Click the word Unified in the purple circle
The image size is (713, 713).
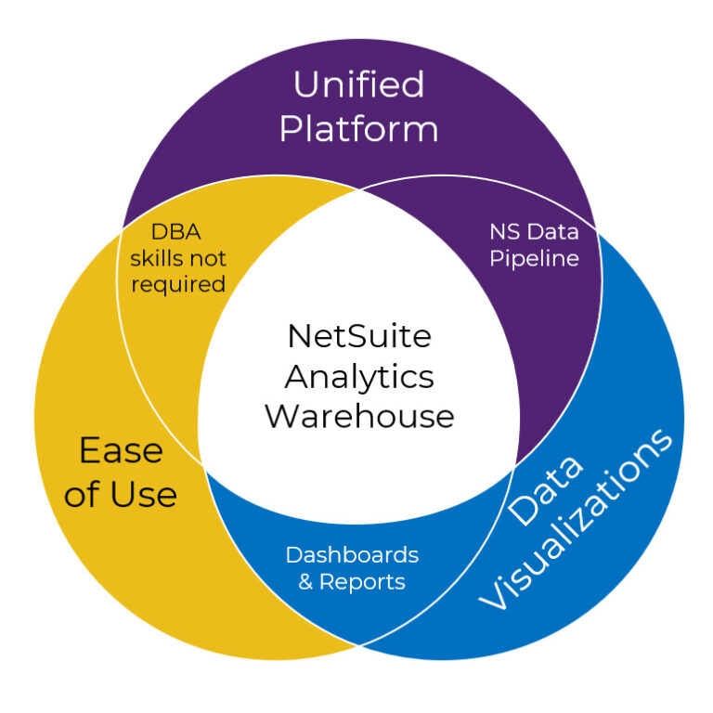tap(358, 84)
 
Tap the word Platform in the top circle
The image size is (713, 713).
tap(358, 129)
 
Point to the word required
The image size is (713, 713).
tap(178, 283)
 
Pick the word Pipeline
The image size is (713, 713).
tap(534, 258)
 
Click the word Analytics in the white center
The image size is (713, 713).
tap(358, 376)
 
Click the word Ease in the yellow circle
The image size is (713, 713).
tap(121, 451)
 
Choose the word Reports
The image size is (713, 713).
tap(362, 582)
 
